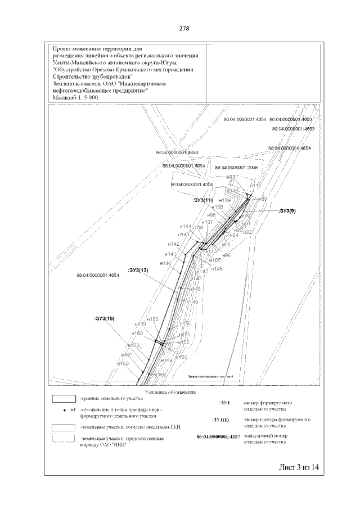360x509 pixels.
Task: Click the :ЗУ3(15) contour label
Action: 104,318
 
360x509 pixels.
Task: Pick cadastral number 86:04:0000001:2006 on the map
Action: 236,168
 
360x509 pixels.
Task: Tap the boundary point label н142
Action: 174,244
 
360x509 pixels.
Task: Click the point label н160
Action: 123,364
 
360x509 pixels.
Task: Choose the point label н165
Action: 181,357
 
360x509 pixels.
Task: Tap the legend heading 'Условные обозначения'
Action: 170,391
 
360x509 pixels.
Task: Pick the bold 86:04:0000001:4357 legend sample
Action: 218,436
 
